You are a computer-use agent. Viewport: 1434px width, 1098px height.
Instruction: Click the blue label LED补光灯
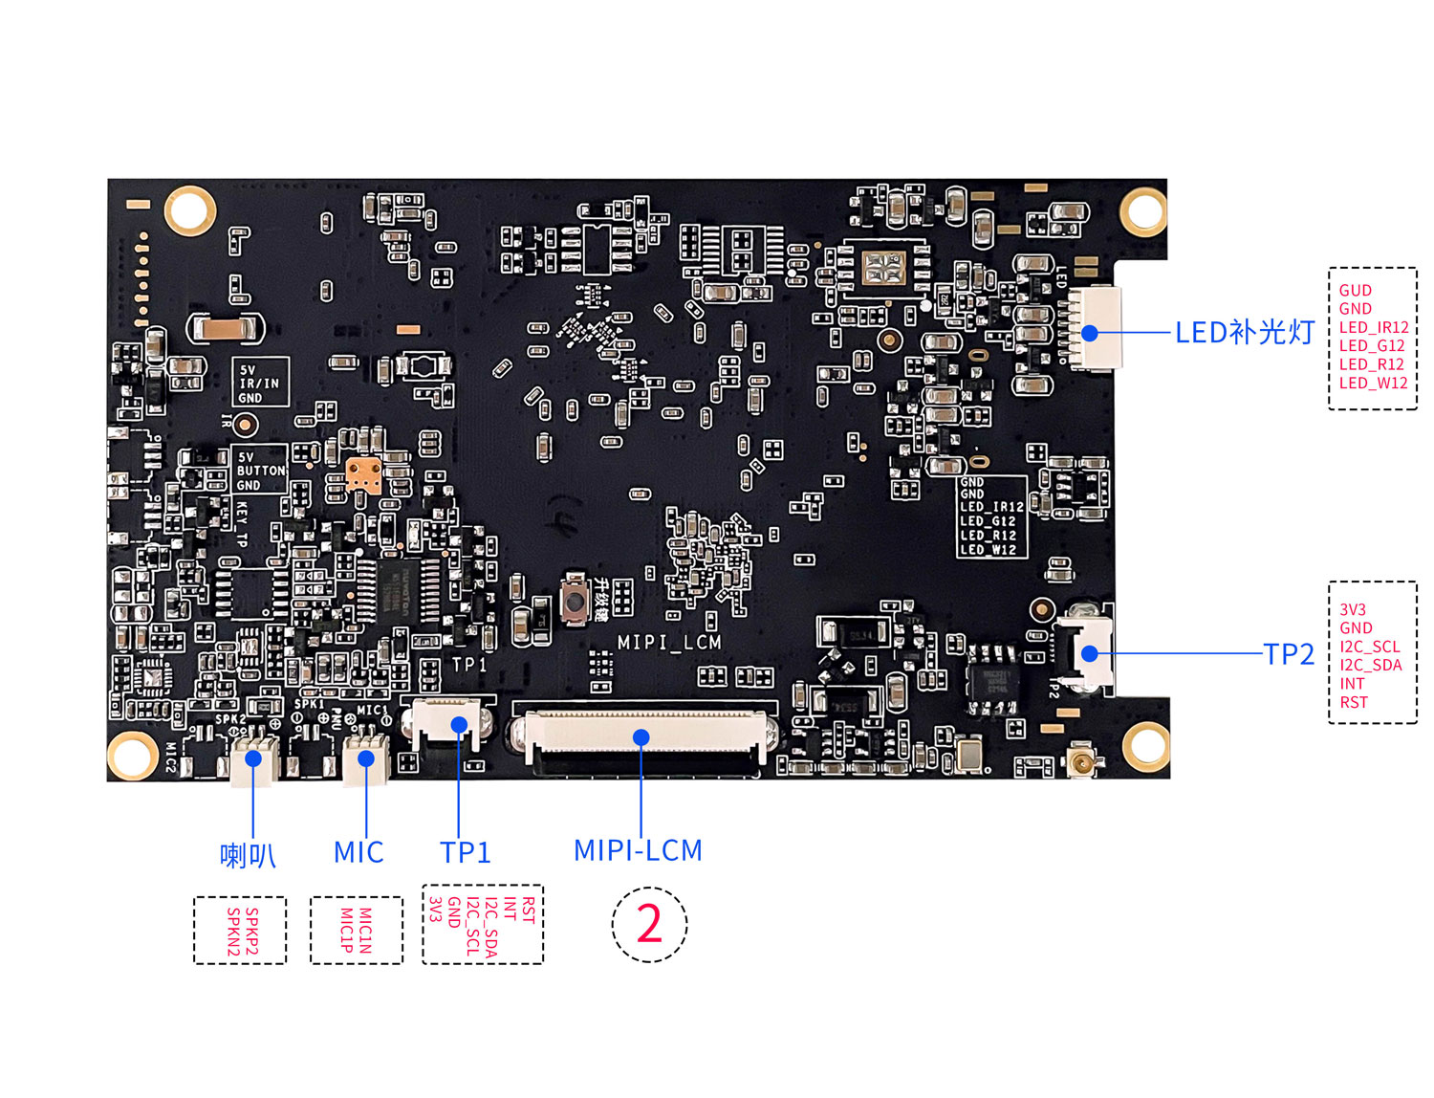coord(1245,333)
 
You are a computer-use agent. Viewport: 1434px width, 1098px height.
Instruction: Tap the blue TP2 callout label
coord(1289,654)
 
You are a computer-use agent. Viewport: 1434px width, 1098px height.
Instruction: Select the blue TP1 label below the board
coord(465,852)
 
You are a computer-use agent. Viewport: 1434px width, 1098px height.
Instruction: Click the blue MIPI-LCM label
coord(638,850)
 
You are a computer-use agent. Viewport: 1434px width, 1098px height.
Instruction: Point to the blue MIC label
coord(358,852)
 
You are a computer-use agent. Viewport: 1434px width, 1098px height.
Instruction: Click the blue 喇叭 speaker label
coord(248,855)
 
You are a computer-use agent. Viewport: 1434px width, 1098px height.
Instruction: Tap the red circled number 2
coord(649,924)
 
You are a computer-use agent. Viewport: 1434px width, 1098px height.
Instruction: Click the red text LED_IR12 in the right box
coord(1373,327)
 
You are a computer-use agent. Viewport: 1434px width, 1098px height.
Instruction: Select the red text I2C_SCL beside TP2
coord(1369,647)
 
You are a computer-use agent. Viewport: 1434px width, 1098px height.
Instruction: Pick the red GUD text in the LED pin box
coord(1355,291)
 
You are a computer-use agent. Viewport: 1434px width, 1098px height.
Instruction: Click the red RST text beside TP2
coord(1353,702)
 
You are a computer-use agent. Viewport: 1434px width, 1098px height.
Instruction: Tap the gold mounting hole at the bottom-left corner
coord(132,755)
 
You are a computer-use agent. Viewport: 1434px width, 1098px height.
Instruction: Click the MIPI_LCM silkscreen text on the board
coord(669,643)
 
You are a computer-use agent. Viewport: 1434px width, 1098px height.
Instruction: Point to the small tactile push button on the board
coord(575,600)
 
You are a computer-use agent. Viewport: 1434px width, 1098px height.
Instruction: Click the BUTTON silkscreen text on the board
coord(261,471)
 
